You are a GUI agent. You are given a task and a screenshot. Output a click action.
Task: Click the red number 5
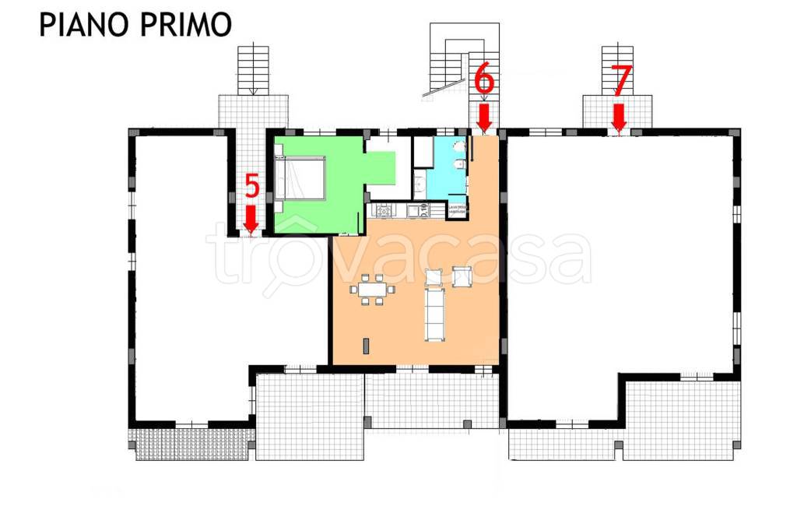(251, 187)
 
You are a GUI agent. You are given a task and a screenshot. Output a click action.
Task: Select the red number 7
(620, 79)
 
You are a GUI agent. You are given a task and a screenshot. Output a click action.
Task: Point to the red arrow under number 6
(484, 118)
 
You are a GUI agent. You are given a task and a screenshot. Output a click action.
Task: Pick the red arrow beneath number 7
(619, 118)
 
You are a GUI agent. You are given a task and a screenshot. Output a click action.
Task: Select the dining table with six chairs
(372, 290)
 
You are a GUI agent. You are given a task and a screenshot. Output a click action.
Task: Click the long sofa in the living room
(434, 314)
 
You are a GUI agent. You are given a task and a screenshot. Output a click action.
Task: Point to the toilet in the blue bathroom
(460, 166)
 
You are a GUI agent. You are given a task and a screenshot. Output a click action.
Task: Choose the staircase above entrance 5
(253, 69)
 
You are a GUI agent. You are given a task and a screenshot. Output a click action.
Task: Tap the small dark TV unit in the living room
(365, 346)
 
